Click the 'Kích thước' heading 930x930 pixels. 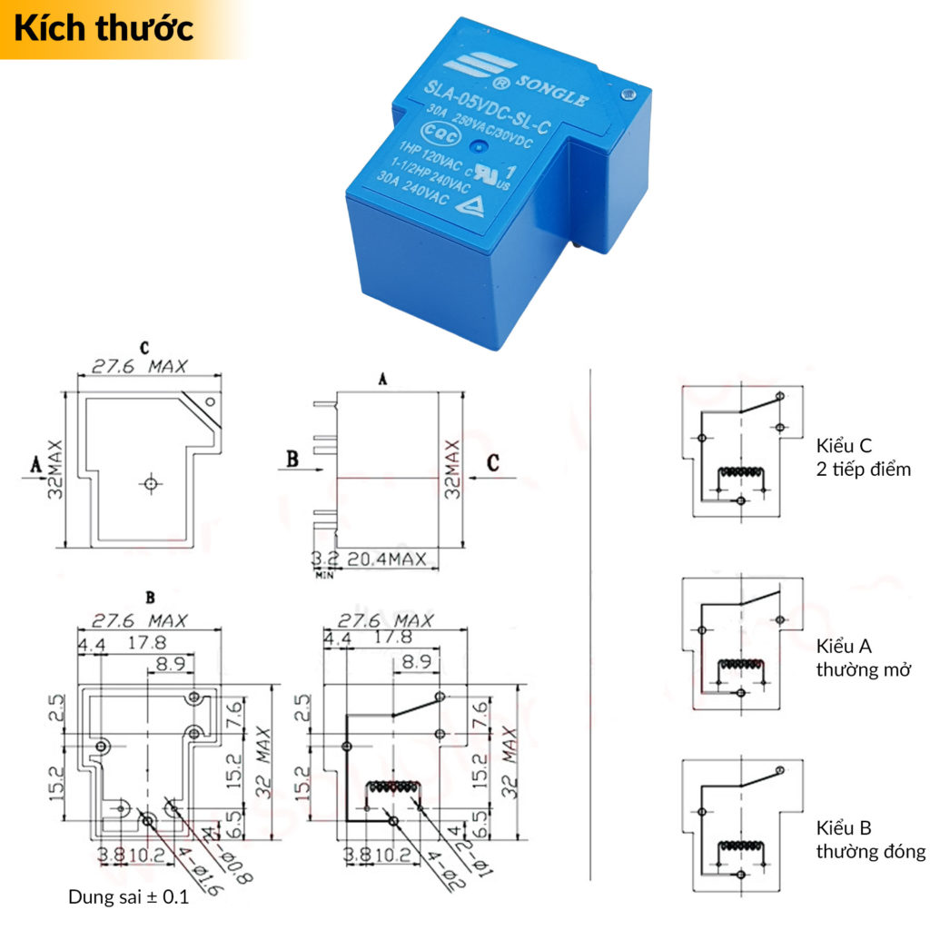[x=104, y=28]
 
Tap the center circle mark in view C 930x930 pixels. [x=151, y=483]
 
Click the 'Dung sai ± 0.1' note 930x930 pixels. [x=128, y=897]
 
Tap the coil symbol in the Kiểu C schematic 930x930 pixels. [x=741, y=474]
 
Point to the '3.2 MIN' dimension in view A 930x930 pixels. [x=323, y=561]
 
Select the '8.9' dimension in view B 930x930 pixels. [x=170, y=664]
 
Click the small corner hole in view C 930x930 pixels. [x=210, y=401]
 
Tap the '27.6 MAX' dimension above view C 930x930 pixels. [x=139, y=366]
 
